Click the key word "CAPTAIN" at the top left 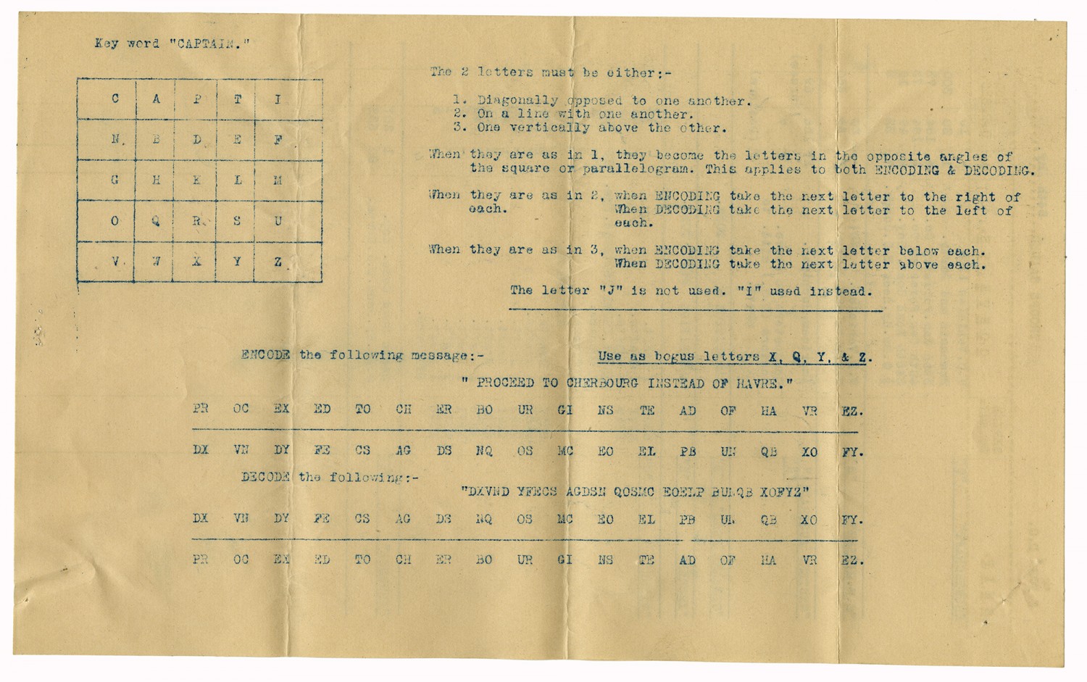210,43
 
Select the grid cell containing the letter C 115,99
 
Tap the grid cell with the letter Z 278,262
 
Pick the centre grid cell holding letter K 196,180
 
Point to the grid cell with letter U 278,221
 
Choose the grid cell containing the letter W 156,262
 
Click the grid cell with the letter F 278,139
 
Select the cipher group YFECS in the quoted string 537,492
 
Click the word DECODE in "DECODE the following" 266,477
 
